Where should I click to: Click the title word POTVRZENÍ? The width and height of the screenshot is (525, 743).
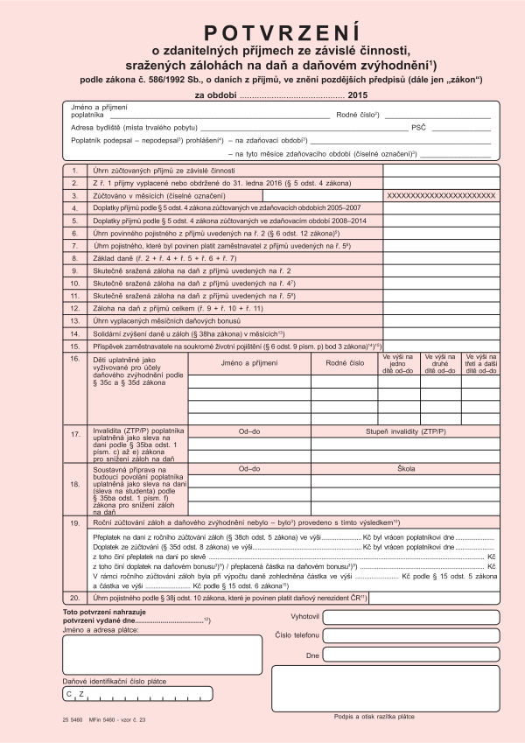tap(262, 33)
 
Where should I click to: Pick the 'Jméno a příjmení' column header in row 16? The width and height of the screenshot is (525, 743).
tap(248, 361)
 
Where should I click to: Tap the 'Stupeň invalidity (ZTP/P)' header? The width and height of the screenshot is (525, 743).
tap(405, 431)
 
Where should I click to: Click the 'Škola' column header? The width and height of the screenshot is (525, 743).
tap(405, 470)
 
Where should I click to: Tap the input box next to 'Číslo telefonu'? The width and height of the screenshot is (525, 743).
tap(410, 635)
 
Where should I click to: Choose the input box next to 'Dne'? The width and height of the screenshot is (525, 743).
tap(410, 655)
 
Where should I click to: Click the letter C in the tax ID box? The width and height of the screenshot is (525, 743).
tap(69, 694)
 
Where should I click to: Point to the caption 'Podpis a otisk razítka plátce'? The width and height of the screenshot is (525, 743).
tap(374, 716)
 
